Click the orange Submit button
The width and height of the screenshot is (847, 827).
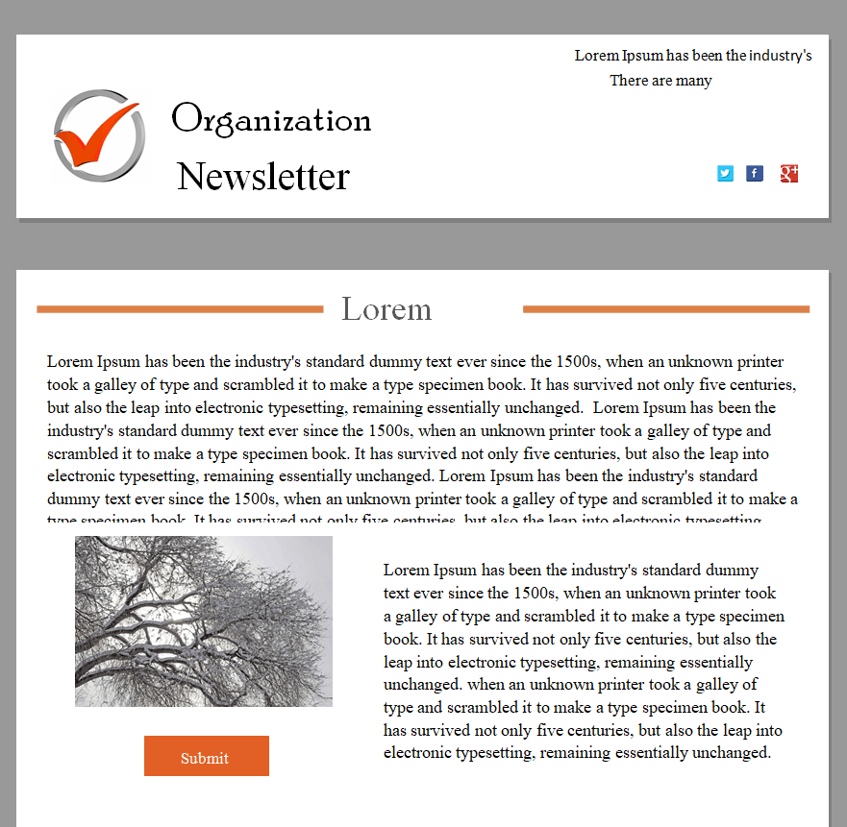[206, 756]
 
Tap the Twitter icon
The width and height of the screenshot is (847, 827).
[725, 174]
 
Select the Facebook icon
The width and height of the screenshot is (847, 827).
[755, 174]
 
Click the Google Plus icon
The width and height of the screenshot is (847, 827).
[789, 174]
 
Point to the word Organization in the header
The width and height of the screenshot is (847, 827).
[271, 120]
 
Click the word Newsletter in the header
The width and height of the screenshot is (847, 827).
[263, 177]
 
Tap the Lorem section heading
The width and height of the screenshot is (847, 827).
[386, 309]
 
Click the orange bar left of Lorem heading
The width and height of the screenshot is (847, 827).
[179, 309]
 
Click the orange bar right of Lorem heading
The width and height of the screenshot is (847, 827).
[665, 309]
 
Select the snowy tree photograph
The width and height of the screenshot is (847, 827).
[204, 621]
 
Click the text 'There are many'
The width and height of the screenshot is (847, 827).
[660, 81]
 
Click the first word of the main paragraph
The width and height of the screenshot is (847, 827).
[70, 362]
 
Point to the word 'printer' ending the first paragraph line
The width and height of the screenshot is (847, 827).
[760, 362]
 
